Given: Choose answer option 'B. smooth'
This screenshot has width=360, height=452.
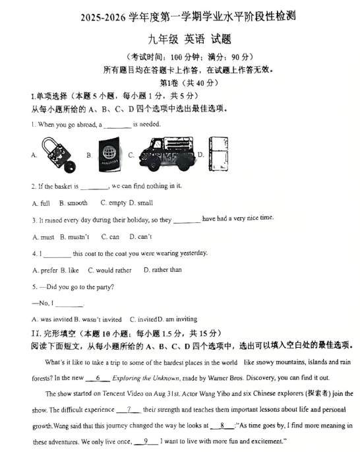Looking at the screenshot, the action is tap(73, 203).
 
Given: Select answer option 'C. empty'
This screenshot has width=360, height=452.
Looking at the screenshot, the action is tap(113, 203).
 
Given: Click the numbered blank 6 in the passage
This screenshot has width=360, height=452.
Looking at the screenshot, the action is tap(98, 378).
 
